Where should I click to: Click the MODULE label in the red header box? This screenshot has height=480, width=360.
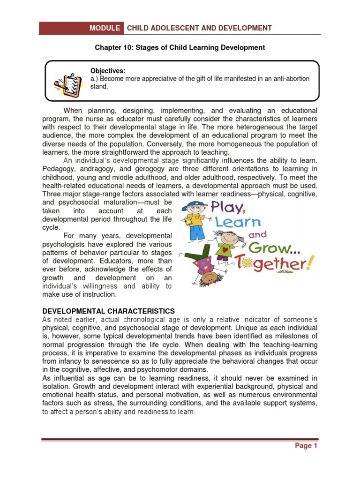[105, 28]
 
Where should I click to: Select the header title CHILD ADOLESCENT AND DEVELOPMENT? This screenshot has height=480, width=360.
[199, 28]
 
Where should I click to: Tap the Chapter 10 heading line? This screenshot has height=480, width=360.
[180, 47]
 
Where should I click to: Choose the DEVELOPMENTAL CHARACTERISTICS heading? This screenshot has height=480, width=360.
[108, 311]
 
